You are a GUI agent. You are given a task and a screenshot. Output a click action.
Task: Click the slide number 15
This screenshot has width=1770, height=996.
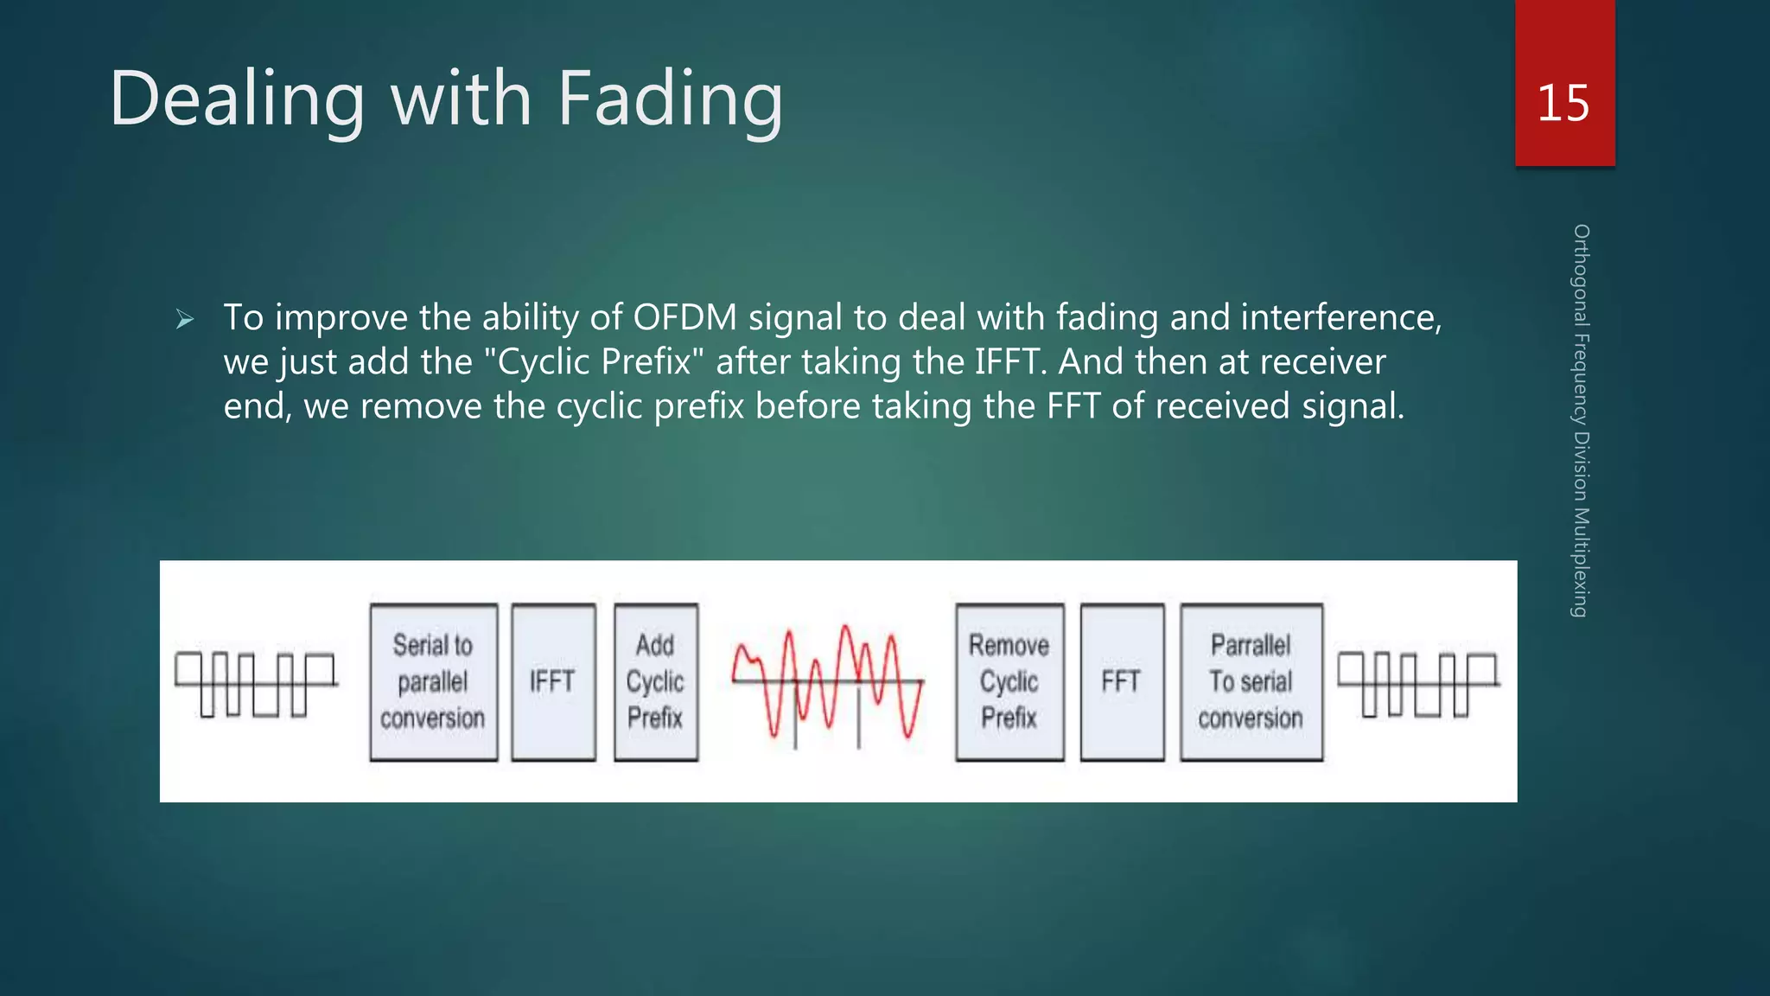pos(1563,104)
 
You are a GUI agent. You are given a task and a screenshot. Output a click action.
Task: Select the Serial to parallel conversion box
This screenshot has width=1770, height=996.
pos(433,682)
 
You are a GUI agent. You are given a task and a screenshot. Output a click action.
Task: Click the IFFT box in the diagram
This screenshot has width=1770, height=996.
pos(553,682)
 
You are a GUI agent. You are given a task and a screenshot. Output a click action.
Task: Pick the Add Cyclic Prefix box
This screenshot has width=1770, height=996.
pos(655,682)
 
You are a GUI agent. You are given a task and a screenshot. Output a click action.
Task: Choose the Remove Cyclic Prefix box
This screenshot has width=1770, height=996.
pos(1009,682)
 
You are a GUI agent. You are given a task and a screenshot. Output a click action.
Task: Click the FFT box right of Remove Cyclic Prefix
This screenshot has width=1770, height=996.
pos(1121,682)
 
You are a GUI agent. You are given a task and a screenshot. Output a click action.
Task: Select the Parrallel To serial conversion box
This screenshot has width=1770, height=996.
pos(1251,682)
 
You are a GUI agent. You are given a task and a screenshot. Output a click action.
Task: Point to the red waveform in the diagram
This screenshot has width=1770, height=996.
pos(828,682)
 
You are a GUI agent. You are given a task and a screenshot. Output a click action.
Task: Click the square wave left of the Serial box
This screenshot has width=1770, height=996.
pos(256,684)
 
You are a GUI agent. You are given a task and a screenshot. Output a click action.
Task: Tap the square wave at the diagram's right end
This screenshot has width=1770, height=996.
pos(1418,684)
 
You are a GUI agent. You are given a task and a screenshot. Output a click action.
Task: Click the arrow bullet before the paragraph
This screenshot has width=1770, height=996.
pos(184,320)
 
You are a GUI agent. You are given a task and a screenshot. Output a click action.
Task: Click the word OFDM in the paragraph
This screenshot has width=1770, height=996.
pos(684,317)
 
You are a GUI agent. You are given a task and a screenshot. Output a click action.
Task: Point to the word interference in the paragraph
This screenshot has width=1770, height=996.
pos(1340,317)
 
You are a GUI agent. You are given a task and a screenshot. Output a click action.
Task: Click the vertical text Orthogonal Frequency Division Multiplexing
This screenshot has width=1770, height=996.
pos(1581,420)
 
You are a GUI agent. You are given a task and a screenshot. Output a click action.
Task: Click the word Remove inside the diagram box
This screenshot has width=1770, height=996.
pos(1009,645)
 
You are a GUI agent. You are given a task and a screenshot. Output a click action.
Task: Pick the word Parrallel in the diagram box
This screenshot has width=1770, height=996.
pos(1251,645)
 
